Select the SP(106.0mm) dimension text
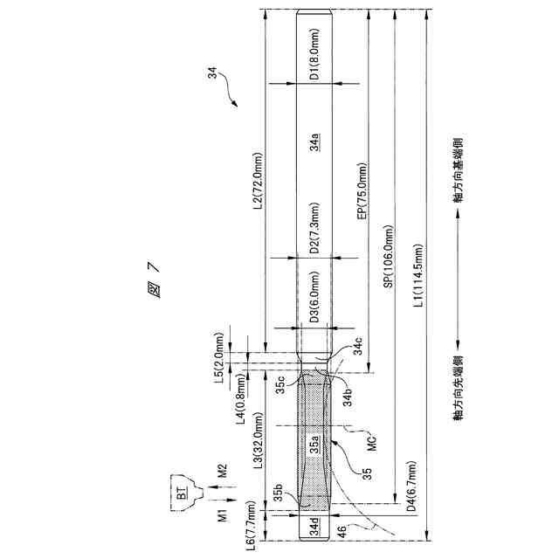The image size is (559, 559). (x=388, y=262)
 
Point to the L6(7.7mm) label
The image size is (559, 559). (x=252, y=525)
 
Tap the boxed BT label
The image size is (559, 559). (x=181, y=493)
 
